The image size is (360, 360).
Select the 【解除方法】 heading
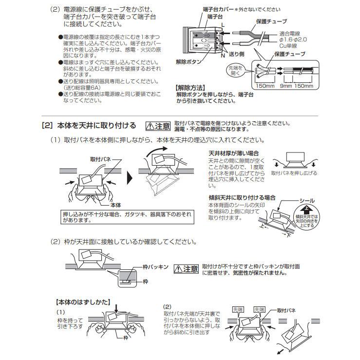click(x=190, y=90)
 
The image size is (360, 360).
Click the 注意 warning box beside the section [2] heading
click(x=159, y=126)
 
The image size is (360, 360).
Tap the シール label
click(x=308, y=200)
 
